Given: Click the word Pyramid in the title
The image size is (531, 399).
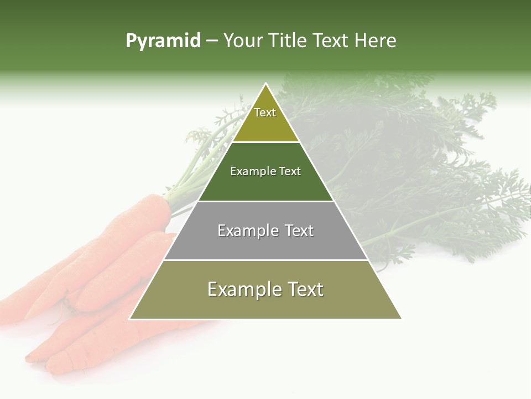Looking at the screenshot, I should (163, 41).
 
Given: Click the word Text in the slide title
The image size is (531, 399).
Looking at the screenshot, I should (331, 40).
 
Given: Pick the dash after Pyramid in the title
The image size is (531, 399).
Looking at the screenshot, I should (212, 41).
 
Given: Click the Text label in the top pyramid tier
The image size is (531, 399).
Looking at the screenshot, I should (265, 112).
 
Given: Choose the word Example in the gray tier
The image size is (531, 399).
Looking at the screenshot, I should (247, 231).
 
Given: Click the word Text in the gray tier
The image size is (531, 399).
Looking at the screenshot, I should (299, 231).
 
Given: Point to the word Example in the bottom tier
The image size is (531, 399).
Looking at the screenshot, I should (242, 289).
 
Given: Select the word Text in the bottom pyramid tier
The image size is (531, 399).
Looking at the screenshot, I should (305, 289).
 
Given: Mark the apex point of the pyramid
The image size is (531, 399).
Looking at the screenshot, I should (265, 83).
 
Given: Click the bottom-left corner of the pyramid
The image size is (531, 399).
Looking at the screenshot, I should (129, 319).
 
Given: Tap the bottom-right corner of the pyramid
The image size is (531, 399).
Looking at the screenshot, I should (402, 319).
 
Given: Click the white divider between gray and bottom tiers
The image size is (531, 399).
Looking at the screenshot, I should (265, 260).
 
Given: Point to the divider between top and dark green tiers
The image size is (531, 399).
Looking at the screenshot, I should (265, 142).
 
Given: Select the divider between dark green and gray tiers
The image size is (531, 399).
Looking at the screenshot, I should (265, 201).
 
